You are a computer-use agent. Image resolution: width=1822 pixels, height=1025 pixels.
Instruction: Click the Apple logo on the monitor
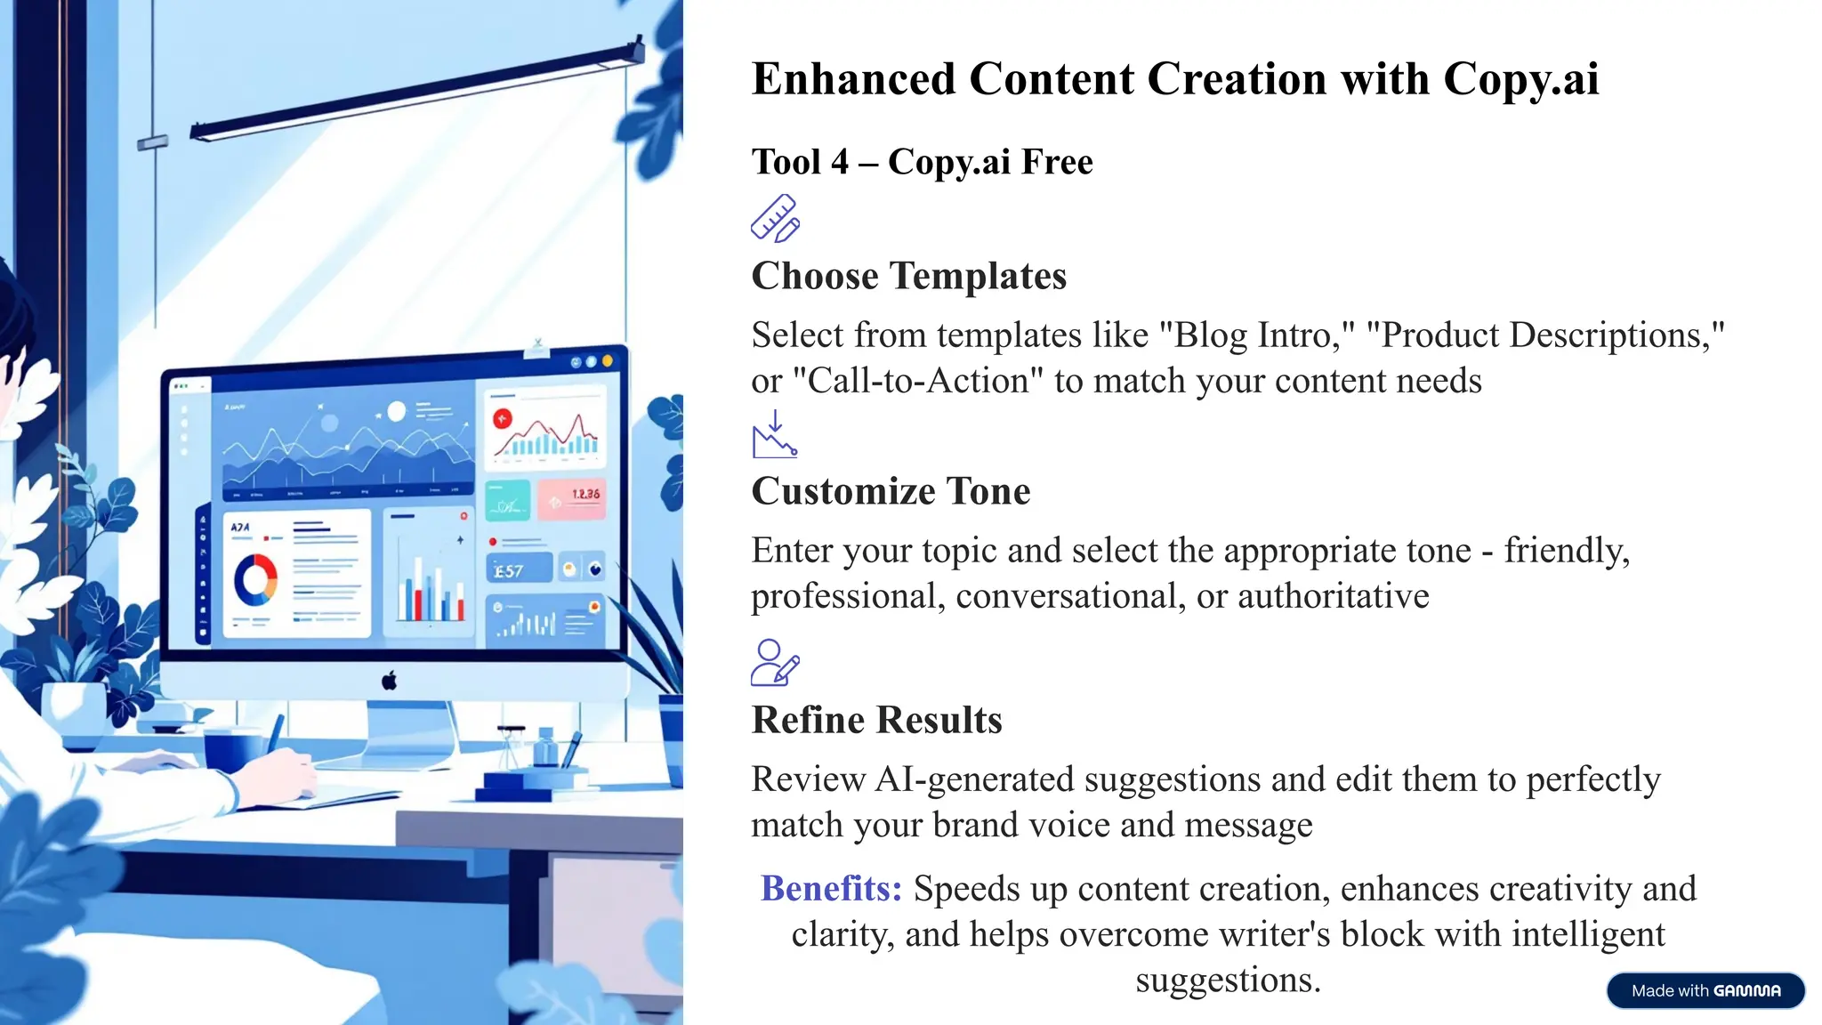click(389, 682)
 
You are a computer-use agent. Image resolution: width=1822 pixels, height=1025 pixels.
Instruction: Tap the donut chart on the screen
click(255, 580)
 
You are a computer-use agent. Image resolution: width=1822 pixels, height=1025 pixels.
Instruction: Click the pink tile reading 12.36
click(572, 498)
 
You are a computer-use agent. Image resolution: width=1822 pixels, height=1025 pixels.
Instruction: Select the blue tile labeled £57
click(519, 569)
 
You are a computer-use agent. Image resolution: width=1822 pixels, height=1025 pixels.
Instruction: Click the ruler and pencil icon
click(775, 218)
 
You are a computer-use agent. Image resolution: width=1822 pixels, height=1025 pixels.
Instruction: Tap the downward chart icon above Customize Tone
click(774, 434)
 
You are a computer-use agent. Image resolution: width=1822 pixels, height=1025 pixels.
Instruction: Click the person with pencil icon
click(775, 663)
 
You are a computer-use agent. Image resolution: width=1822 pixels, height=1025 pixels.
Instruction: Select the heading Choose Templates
click(908, 276)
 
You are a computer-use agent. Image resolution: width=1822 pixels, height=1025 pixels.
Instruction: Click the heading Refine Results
click(876, 720)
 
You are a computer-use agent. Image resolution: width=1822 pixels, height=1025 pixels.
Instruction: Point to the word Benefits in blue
click(831, 889)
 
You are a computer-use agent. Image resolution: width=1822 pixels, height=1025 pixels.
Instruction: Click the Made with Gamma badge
click(1705, 990)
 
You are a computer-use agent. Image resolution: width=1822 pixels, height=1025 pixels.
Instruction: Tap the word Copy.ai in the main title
click(1520, 79)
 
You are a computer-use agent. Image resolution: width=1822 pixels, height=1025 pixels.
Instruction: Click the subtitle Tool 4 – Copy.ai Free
click(922, 162)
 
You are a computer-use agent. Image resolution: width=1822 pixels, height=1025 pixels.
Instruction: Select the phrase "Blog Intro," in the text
click(1256, 335)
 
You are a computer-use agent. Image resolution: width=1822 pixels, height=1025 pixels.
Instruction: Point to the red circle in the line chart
click(503, 418)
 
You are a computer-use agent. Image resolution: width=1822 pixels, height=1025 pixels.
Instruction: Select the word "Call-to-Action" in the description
click(917, 381)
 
